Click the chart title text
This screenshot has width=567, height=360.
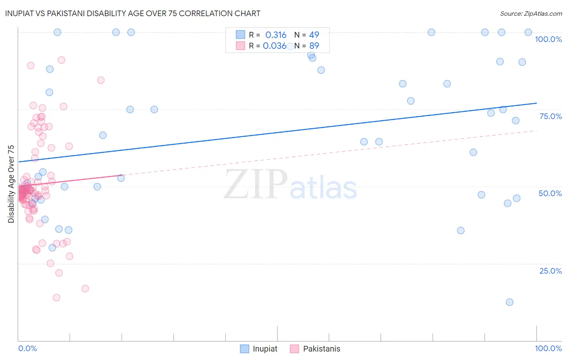click(x=133, y=13)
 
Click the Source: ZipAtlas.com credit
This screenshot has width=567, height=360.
click(x=531, y=13)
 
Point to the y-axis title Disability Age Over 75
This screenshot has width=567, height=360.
click(x=11, y=184)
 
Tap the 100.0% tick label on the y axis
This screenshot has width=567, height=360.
click(x=548, y=39)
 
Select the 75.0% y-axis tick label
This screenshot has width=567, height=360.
click(x=550, y=116)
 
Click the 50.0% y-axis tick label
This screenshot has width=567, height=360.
click(x=550, y=193)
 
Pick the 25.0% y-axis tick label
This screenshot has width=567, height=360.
click(x=550, y=271)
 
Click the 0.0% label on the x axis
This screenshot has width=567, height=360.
click(x=27, y=348)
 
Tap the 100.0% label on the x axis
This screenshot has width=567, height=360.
click(x=548, y=348)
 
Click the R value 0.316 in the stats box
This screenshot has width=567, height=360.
click(x=276, y=35)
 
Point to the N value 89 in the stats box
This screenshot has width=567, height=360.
click(x=314, y=46)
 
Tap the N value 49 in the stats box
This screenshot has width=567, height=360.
click(x=314, y=35)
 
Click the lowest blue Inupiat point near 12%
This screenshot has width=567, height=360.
click(x=509, y=302)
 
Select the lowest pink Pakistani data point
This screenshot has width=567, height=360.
click(x=56, y=297)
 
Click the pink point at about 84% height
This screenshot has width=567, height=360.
click(x=101, y=80)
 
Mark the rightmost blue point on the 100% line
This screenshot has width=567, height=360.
click(x=528, y=32)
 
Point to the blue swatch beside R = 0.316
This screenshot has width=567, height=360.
click(x=240, y=35)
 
